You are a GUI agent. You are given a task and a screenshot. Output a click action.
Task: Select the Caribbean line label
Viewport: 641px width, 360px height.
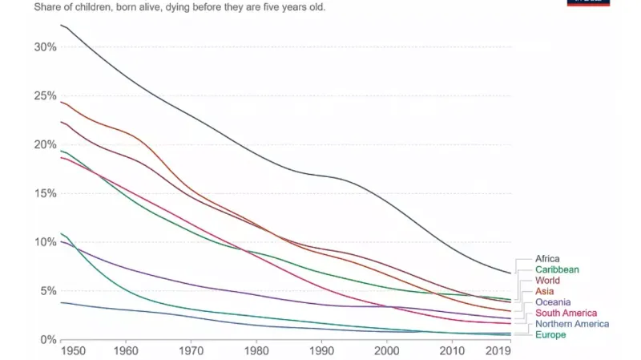pos(557,270)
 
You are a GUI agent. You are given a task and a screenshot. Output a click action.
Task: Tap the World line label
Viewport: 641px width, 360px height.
pos(548,281)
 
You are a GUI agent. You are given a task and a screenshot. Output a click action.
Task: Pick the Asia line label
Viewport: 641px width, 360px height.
pos(545,292)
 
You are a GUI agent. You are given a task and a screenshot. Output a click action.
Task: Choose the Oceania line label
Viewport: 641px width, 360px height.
pos(554,302)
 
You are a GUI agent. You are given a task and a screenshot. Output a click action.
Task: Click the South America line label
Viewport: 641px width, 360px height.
pos(566,313)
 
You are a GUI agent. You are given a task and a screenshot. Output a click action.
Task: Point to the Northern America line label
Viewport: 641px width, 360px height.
pos(572,324)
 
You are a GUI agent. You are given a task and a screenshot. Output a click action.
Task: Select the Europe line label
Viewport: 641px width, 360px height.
pos(550,334)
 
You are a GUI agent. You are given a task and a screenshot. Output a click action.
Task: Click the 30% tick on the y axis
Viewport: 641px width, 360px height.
pos(46,47)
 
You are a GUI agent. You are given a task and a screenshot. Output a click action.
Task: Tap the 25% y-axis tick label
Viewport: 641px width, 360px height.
pos(46,95)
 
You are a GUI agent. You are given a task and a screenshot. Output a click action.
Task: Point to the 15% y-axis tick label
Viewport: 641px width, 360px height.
pos(46,193)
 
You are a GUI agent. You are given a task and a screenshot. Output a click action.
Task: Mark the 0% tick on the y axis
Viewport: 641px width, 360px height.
pos(49,339)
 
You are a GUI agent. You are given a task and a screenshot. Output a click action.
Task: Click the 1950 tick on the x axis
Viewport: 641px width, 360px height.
pos(72,351)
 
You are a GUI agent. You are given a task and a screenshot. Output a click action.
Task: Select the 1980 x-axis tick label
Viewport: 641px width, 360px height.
pos(256,351)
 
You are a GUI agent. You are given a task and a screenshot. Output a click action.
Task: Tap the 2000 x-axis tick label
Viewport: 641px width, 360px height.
pos(386,351)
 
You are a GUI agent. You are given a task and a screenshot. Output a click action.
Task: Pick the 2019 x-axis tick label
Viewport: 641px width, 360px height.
pos(498,351)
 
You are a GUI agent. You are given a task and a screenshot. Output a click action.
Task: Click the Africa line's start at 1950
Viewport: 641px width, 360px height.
pos(62,26)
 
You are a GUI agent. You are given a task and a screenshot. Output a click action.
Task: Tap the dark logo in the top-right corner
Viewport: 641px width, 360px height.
pos(588,2)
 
